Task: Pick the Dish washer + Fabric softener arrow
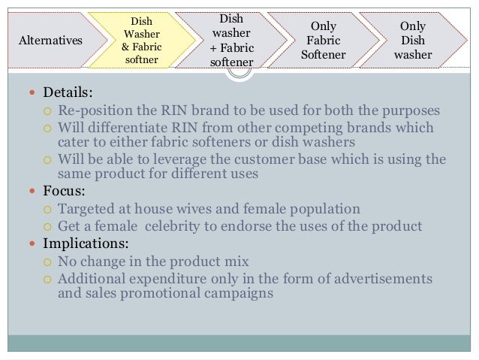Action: click(x=231, y=40)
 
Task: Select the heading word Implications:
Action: click(x=86, y=244)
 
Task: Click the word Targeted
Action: click(x=86, y=209)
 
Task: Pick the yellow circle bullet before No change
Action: click(x=47, y=262)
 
